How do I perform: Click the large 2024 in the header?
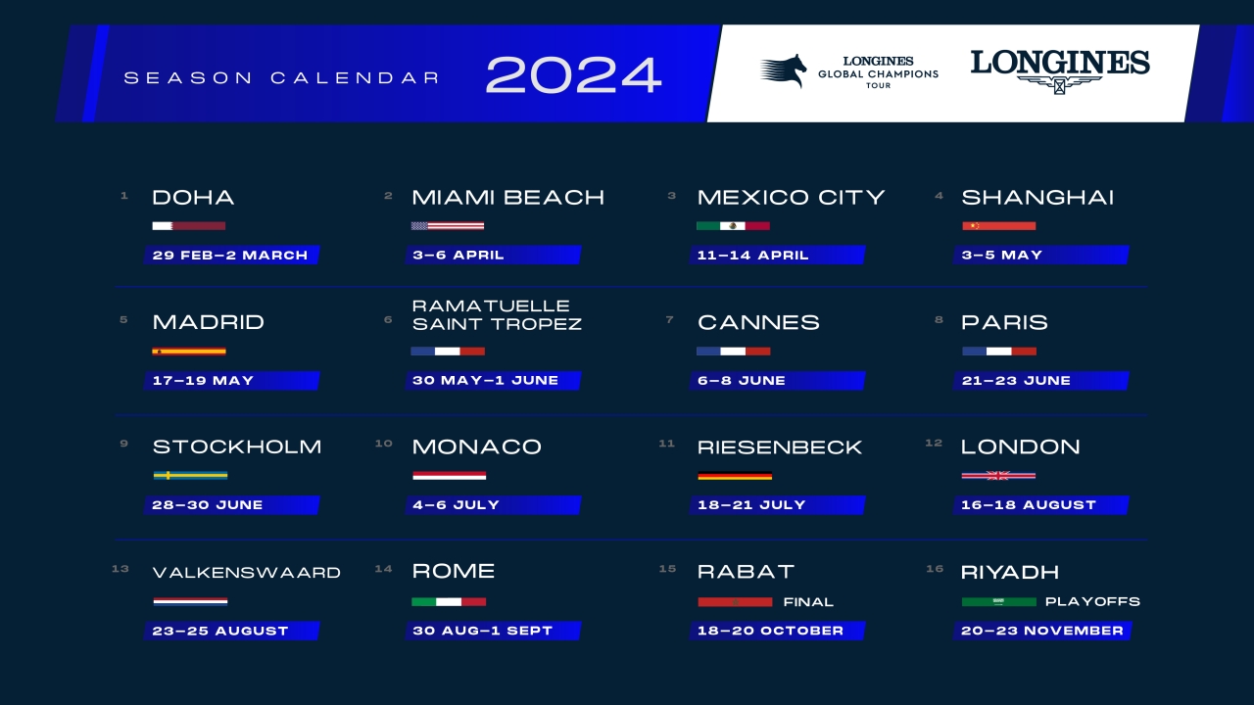tap(574, 74)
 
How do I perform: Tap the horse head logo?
tap(783, 70)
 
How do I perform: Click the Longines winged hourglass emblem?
tap(1059, 85)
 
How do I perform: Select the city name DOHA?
tap(193, 198)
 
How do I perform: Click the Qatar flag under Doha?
tap(189, 226)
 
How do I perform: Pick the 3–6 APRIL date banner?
tap(493, 256)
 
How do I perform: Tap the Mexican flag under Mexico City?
tap(734, 226)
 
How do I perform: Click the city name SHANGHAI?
tap(1037, 198)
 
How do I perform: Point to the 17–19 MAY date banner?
tap(232, 381)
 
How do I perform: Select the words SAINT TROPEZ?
tap(497, 324)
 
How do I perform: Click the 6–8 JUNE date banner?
tap(778, 381)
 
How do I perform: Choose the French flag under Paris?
tap(999, 352)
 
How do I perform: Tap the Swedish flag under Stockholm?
tap(190, 476)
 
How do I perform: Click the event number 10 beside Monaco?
tap(383, 444)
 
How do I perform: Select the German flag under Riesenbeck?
tap(735, 476)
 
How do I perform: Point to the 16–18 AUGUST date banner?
tap(1041, 504)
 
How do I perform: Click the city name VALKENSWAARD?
tap(246, 573)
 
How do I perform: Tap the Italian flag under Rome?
tap(449, 602)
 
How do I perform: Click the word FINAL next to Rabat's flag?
tap(808, 602)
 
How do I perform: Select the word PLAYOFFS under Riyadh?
tap(1092, 601)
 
